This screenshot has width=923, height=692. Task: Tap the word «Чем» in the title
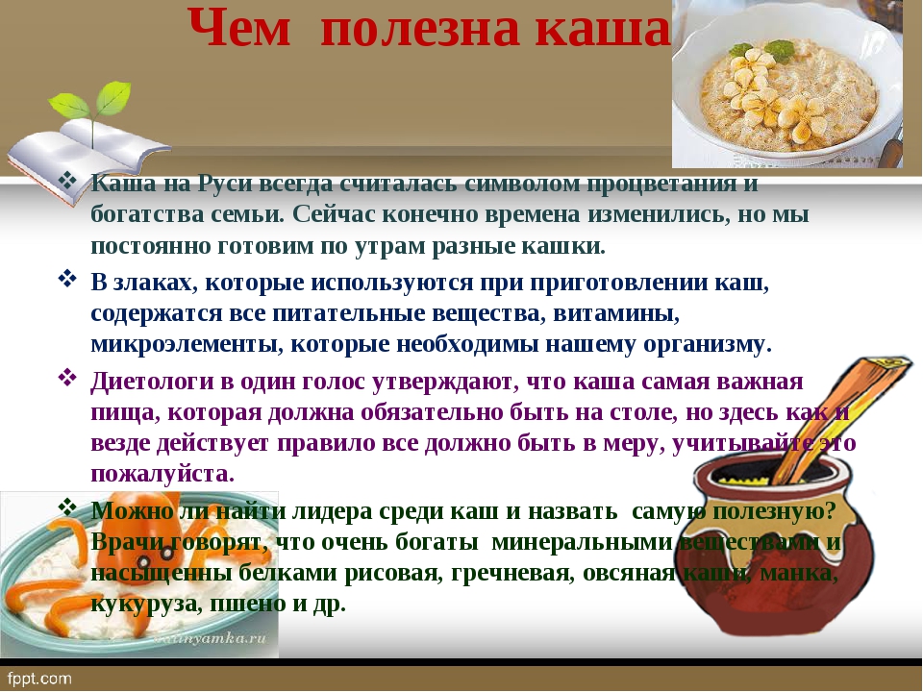[239, 28]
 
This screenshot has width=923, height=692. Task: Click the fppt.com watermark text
[40, 680]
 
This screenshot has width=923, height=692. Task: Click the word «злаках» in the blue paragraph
[154, 283]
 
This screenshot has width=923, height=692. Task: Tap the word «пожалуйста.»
[162, 474]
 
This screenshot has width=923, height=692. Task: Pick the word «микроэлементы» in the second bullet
[185, 344]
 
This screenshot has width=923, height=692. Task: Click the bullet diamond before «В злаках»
[67, 279]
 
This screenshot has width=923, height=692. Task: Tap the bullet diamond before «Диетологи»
[67, 377]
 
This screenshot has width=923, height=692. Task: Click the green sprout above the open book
[90, 103]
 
